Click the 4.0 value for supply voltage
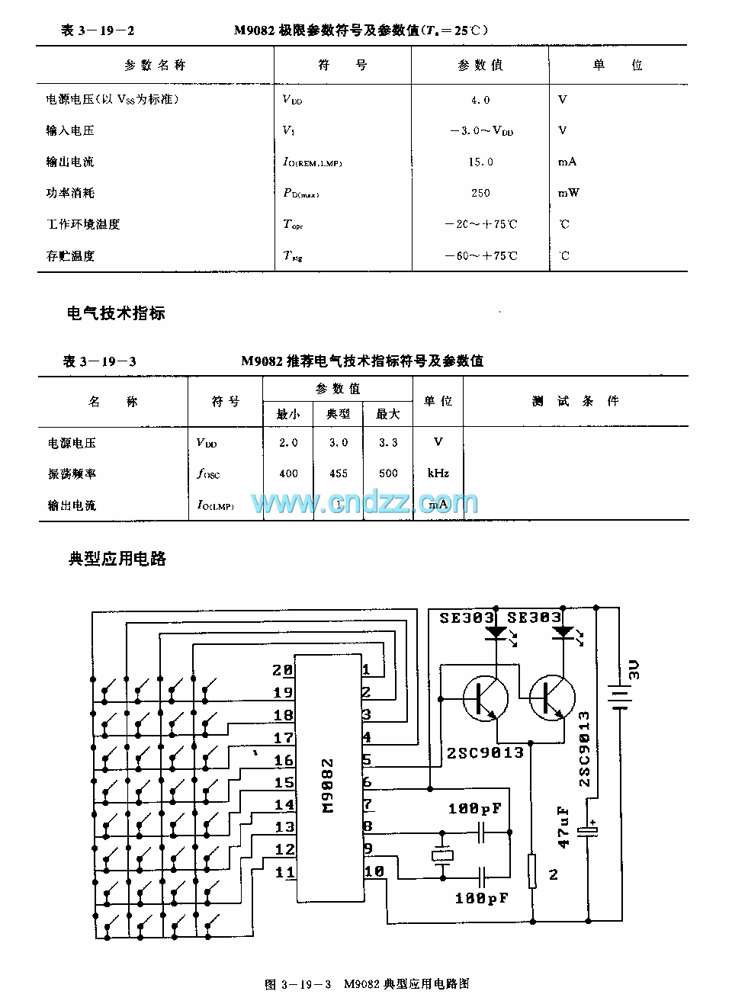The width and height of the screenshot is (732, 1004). click(480, 100)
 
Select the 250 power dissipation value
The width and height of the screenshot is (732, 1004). click(480, 193)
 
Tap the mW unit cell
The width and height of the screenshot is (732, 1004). click(569, 193)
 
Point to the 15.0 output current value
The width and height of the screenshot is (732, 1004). click(480, 162)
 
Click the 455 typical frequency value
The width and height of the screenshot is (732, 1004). click(339, 473)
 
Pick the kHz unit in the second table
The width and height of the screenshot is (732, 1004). click(438, 473)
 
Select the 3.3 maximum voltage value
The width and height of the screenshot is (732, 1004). click(388, 442)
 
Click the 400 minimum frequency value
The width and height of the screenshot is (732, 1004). click(288, 473)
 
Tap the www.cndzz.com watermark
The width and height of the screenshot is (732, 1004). click(364, 503)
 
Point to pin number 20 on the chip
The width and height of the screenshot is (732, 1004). click(282, 670)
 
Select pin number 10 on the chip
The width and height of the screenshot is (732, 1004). click(374, 871)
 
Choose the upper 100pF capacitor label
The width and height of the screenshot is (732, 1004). click(474, 808)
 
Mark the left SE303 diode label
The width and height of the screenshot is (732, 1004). click(466, 617)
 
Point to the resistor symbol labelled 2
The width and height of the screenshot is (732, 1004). click(533, 871)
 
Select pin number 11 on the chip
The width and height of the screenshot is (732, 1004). click(284, 872)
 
